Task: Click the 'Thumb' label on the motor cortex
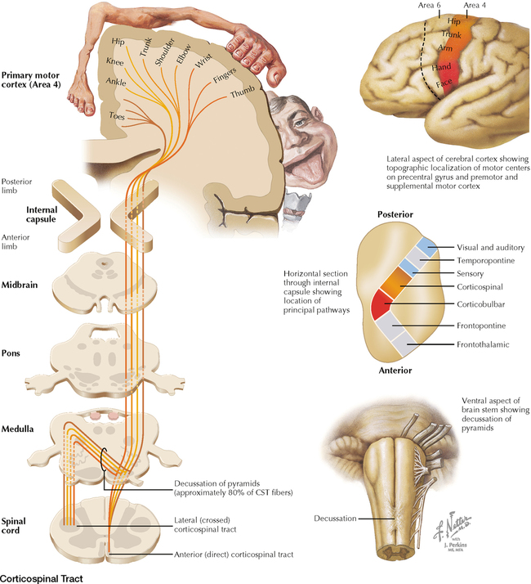pos(243,94)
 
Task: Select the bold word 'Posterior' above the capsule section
pos(395,213)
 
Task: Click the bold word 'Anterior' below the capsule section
pos(392,370)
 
